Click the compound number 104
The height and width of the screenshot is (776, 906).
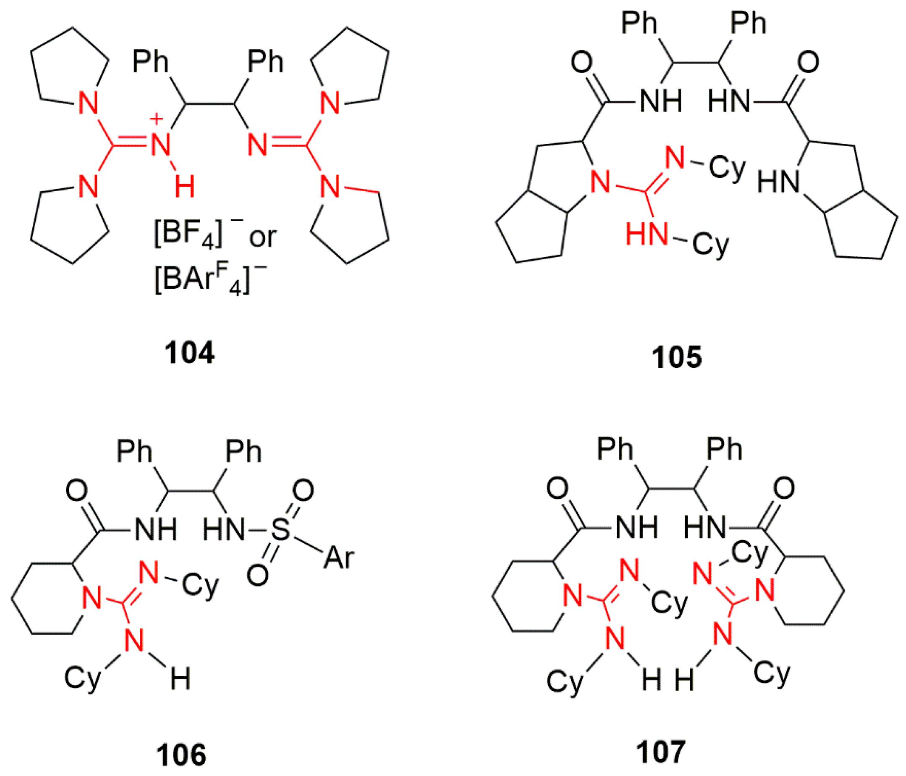[189, 353]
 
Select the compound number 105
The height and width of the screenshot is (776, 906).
[677, 357]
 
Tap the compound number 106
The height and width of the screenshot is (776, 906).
[181, 755]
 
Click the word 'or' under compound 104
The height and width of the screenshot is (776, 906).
[263, 237]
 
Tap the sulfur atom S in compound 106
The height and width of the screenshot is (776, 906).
[280, 530]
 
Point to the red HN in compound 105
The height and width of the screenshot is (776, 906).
[647, 234]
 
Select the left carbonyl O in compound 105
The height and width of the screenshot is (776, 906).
[582, 62]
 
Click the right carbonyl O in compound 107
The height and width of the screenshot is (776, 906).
[784, 488]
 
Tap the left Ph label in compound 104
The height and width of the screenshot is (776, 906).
[150, 62]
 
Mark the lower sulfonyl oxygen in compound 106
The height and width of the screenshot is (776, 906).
[258, 575]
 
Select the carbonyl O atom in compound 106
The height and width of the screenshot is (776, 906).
[76, 491]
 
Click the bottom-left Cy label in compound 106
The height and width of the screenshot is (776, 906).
[82, 679]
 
